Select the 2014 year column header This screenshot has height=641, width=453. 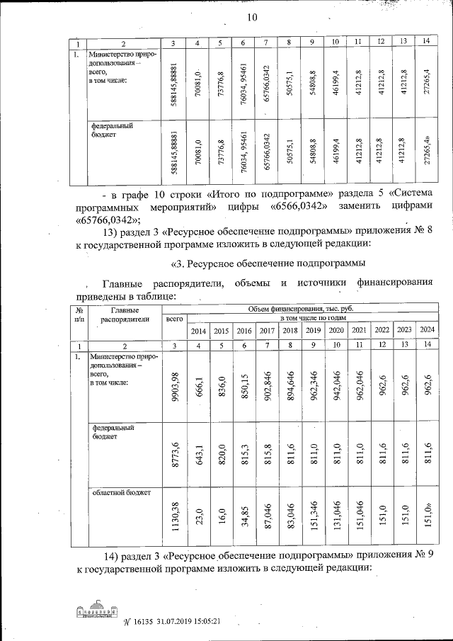(x=198, y=331)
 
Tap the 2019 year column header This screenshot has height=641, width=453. (x=312, y=331)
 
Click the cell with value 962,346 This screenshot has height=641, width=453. (x=312, y=385)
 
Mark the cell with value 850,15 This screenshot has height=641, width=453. (x=243, y=385)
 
